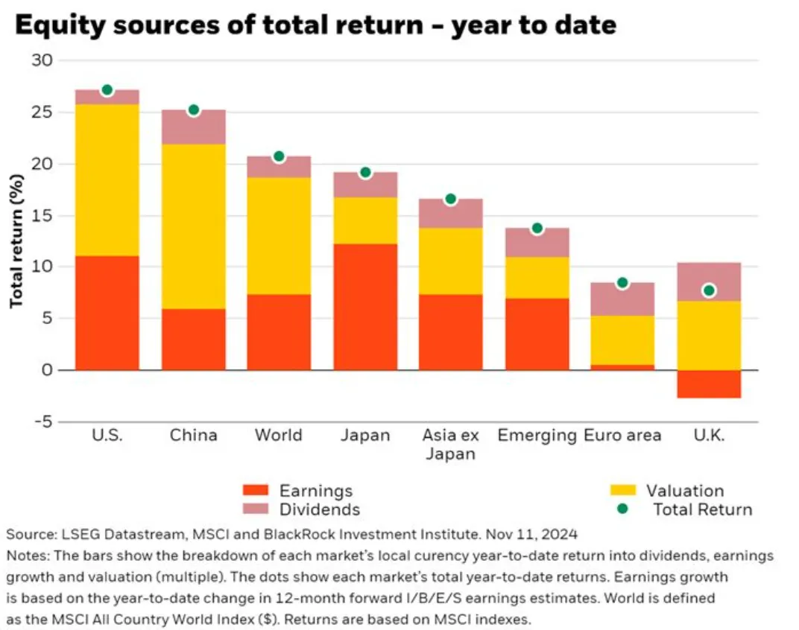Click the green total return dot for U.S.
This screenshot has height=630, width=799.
click(x=107, y=90)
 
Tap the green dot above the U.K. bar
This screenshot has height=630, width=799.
click(x=709, y=291)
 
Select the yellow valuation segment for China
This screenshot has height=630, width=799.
click(x=194, y=226)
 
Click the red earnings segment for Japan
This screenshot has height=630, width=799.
click(x=365, y=307)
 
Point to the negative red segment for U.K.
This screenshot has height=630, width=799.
click(x=709, y=384)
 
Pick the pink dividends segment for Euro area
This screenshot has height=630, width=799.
click(x=622, y=299)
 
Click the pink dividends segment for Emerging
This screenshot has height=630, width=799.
click(x=537, y=243)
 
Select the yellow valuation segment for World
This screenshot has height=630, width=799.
click(x=279, y=236)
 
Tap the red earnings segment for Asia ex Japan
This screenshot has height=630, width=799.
click(x=450, y=333)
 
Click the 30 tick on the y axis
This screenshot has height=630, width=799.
click(x=42, y=60)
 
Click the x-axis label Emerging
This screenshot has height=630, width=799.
click(x=537, y=436)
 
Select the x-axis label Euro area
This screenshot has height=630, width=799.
click(x=622, y=436)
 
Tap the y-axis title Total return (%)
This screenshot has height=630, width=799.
click(x=16, y=241)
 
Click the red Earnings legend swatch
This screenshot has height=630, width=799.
click(x=256, y=491)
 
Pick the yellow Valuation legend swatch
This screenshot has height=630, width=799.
click(x=622, y=491)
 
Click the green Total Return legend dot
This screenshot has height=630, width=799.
click(x=622, y=509)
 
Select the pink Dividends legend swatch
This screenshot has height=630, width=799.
click(x=256, y=509)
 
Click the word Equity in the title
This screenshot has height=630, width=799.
click(x=60, y=25)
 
